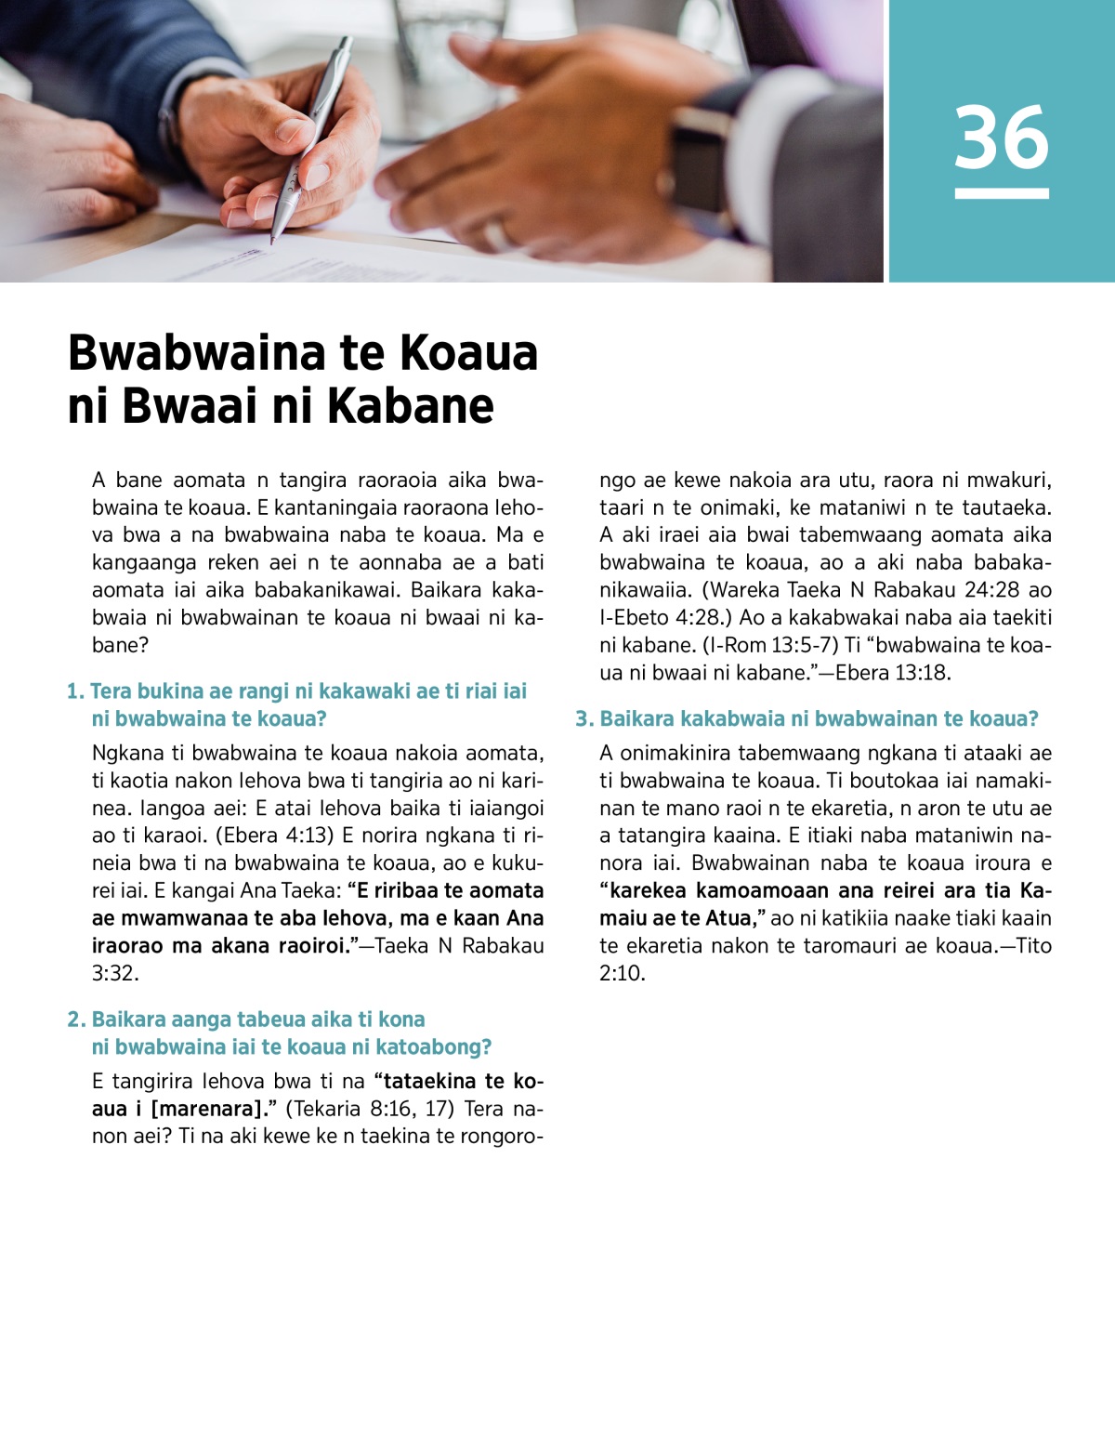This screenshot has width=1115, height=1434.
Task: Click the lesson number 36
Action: coord(1002,138)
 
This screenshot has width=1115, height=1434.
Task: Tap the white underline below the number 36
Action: coord(1002,193)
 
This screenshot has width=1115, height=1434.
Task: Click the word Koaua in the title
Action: coord(469,353)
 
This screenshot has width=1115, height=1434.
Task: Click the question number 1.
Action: coord(74,691)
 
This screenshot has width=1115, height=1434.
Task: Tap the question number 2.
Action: coord(75,1020)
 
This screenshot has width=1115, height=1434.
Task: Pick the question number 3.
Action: coord(584,718)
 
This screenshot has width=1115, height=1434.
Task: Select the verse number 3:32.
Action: coord(114,973)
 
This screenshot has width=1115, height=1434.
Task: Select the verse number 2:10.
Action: coord(622,973)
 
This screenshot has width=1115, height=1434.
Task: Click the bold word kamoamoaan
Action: coord(758,890)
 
